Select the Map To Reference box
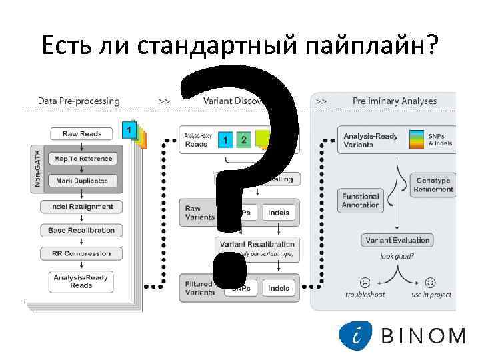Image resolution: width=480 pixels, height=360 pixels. (x=83, y=159)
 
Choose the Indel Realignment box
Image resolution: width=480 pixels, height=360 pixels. (x=81, y=207)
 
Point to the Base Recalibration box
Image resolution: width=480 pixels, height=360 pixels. (x=81, y=230)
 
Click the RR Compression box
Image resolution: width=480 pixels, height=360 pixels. (x=81, y=253)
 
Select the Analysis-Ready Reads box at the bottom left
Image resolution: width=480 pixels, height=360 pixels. (x=81, y=281)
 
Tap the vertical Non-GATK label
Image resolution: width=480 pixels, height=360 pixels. (x=37, y=169)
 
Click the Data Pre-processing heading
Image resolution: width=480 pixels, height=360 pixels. (x=79, y=101)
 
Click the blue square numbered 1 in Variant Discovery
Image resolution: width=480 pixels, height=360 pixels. (x=226, y=140)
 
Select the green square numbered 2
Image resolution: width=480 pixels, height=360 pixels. (x=244, y=140)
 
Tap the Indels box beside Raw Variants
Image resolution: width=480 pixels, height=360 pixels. (x=279, y=213)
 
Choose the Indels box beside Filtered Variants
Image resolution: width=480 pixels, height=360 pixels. (x=279, y=288)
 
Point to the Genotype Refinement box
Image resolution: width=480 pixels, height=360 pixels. (x=433, y=185)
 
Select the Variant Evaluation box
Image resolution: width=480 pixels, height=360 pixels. (x=397, y=240)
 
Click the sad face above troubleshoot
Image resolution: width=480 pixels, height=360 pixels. (x=365, y=281)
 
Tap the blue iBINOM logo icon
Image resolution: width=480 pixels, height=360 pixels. (x=355, y=335)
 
